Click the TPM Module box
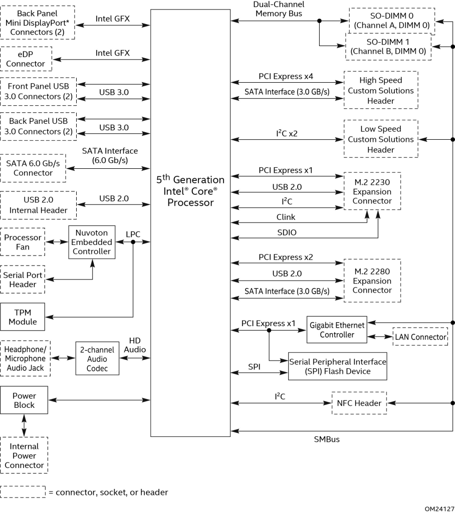coord(23,317)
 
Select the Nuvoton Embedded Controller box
coord(92,242)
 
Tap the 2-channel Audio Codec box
coord(98,358)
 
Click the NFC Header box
coord(359,403)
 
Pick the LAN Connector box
coord(420,337)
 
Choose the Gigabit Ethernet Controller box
coord(336,329)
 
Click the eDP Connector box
coord(26,59)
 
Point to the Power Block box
coord(25,400)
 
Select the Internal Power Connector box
coord(25,455)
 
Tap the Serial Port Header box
coord(23,280)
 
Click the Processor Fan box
coord(23,242)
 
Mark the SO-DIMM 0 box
coord(392,20)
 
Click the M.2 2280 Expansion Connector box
coord(372,280)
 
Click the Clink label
coord(286,217)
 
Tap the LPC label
coord(133,234)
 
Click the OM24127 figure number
coord(436,507)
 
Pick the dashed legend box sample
coord(23,492)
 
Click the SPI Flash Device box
coord(337,366)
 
